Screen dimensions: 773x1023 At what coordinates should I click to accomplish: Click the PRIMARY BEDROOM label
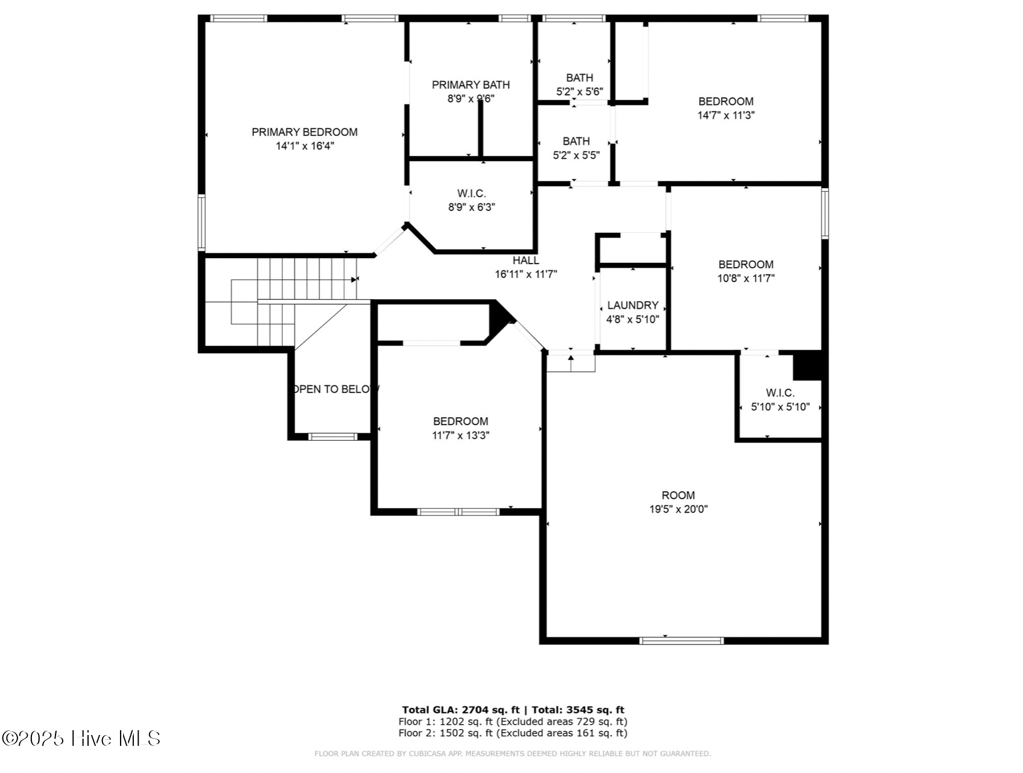(x=304, y=132)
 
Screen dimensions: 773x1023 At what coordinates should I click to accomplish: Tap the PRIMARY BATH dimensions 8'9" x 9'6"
(x=470, y=99)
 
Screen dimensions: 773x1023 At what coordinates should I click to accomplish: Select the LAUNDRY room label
(x=632, y=306)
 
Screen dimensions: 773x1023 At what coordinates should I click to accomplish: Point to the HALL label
(x=525, y=260)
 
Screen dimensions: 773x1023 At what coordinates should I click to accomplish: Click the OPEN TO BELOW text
(x=335, y=390)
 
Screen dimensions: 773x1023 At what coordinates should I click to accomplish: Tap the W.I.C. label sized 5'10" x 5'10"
(x=780, y=393)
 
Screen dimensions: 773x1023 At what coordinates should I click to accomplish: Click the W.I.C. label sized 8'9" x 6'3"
(x=471, y=194)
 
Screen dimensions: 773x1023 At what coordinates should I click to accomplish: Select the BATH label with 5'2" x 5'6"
(x=579, y=78)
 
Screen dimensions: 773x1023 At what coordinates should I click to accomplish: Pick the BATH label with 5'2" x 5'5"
(x=576, y=141)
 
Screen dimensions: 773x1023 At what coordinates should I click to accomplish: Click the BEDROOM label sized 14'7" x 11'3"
(x=726, y=101)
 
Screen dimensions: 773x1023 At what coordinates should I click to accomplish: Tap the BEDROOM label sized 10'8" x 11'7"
(x=746, y=265)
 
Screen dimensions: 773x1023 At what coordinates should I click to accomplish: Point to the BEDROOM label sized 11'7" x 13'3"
(x=460, y=421)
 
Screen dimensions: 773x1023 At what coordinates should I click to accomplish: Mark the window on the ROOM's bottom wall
(x=681, y=640)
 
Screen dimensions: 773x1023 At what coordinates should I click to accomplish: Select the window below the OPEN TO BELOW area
(x=332, y=437)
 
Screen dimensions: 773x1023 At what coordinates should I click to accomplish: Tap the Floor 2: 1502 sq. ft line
(x=512, y=733)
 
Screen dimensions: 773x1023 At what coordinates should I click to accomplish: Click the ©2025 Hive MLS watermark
(x=81, y=739)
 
